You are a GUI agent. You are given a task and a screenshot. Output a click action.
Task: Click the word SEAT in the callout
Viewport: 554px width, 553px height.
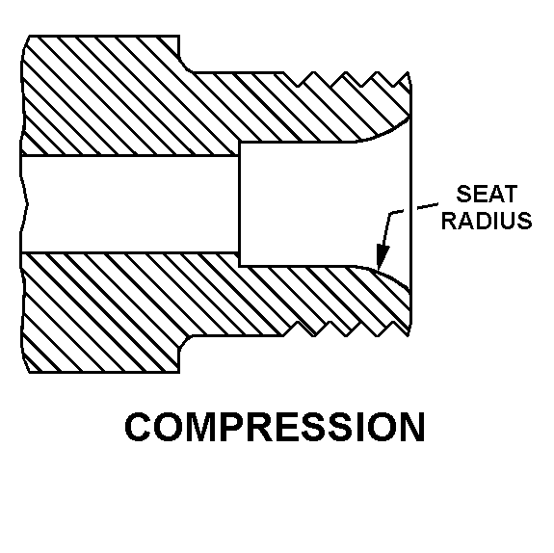click(487, 194)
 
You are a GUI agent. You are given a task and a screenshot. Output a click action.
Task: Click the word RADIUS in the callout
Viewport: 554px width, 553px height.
click(487, 221)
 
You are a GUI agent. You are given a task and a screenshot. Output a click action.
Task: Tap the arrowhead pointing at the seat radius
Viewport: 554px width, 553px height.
click(382, 257)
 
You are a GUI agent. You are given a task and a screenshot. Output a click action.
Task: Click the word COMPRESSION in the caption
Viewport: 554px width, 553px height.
click(275, 427)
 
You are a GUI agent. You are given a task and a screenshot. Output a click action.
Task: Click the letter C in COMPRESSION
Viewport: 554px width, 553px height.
click(139, 427)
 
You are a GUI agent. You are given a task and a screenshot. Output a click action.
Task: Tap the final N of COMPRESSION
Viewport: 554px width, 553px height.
click(411, 427)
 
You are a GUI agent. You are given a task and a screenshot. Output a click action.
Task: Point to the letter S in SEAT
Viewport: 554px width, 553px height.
click(463, 194)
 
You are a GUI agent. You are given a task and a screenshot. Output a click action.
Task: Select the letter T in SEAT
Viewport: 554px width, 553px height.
click(511, 194)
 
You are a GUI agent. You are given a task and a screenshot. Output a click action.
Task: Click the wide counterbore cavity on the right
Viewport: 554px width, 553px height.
click(325, 204)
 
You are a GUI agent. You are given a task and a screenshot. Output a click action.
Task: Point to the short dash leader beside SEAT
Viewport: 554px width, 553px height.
click(428, 205)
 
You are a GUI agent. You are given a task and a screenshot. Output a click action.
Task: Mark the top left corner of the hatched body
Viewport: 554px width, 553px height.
click(29, 36)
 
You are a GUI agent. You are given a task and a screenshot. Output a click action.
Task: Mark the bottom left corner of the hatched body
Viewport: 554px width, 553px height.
click(29, 372)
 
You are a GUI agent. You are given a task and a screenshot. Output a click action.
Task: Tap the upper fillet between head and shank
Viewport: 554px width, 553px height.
click(185, 66)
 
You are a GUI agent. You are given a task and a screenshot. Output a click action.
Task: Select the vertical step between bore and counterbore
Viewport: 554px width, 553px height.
click(240, 204)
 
